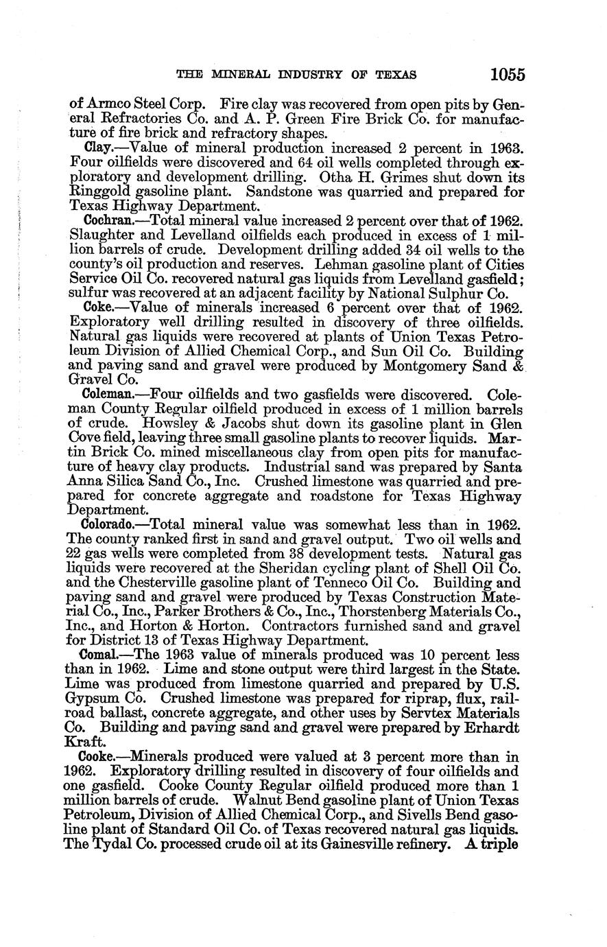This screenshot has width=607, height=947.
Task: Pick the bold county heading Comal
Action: pos(102,654)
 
